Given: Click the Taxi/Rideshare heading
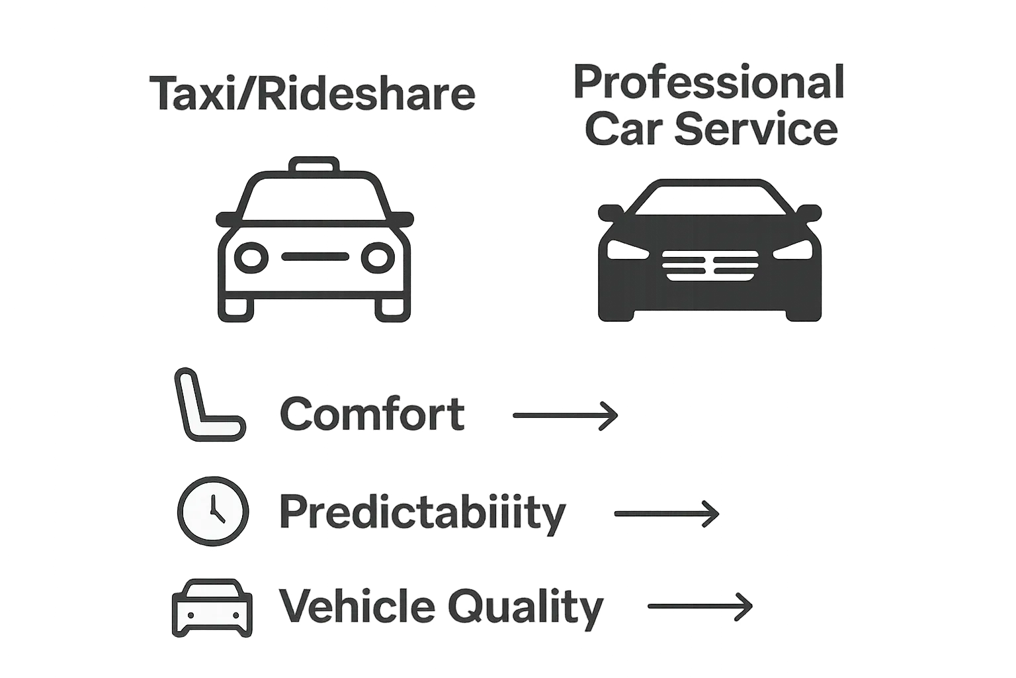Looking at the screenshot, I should click(x=313, y=93).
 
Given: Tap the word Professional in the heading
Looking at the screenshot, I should click(x=709, y=83).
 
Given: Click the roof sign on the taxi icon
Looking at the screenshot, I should click(x=314, y=165).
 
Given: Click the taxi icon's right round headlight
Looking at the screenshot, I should click(x=378, y=257).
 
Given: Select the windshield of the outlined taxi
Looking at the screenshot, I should click(x=314, y=199).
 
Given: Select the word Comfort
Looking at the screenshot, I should click(x=372, y=415).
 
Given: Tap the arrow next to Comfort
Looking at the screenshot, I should click(x=566, y=416).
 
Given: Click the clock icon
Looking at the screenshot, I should click(x=213, y=510).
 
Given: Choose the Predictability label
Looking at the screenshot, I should click(x=422, y=512).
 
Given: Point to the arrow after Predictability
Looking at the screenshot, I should click(x=666, y=513).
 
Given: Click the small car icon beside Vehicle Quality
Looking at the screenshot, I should click(x=212, y=608).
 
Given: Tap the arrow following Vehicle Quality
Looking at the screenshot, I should click(x=699, y=606).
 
